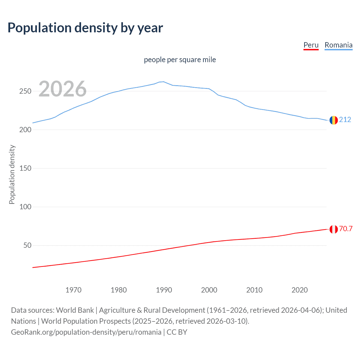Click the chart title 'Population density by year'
coord(85,28)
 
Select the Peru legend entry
coord(311,45)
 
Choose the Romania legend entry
coord(338,45)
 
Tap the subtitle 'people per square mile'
coord(180,60)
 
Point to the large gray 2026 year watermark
coord(62,89)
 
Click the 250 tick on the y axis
coord(25,91)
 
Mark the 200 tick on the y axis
coord(25,130)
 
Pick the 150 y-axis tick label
coord(25,168)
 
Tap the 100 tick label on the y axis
coord(25,207)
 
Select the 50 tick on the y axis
coord(27,246)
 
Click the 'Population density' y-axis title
coord(12,174)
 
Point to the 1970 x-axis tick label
coord(73,290)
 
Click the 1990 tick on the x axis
coord(164,290)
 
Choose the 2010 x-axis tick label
coord(254,290)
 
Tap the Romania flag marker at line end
coord(334,120)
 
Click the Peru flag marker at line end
coord(334,229)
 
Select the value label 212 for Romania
coord(345,120)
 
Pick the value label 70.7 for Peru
coord(346,229)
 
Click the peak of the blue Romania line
coord(163,82)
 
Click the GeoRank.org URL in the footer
coord(86,332)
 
